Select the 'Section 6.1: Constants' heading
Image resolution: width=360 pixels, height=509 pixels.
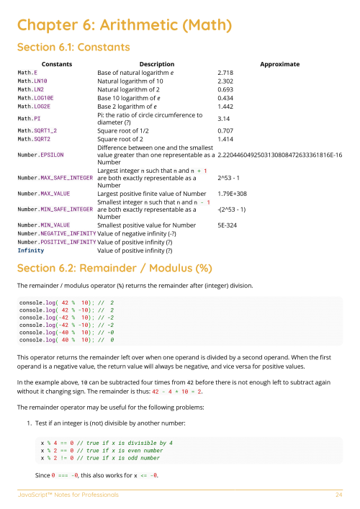[73, 48]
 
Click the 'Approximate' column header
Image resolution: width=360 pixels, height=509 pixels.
[279, 64]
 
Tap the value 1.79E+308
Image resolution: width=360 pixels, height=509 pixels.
[232, 194]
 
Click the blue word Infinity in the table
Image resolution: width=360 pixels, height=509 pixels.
[31, 251]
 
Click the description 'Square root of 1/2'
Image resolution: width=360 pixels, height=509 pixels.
[125, 130]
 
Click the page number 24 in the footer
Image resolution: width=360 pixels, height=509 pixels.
[338, 495]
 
